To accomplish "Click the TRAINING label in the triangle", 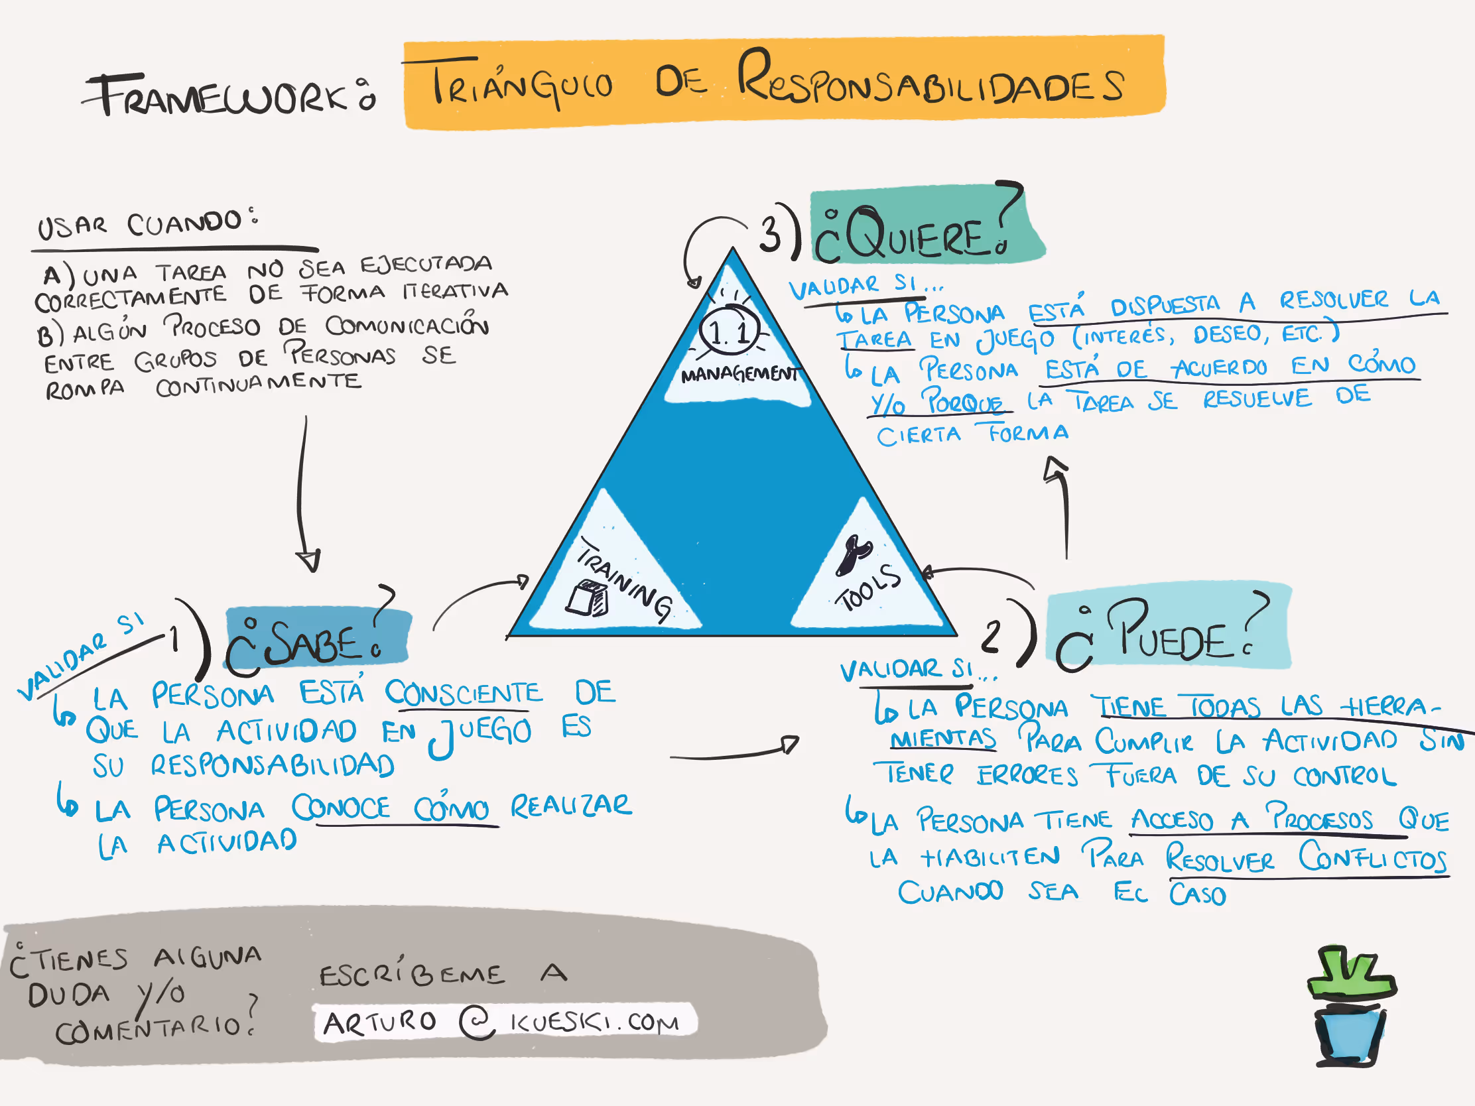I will coord(623,579).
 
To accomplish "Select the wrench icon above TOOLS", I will coord(853,554).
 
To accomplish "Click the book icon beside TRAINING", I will coord(588,599).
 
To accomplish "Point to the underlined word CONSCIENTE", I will coord(464,694).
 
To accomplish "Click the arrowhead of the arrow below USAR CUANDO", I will coord(308,561).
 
